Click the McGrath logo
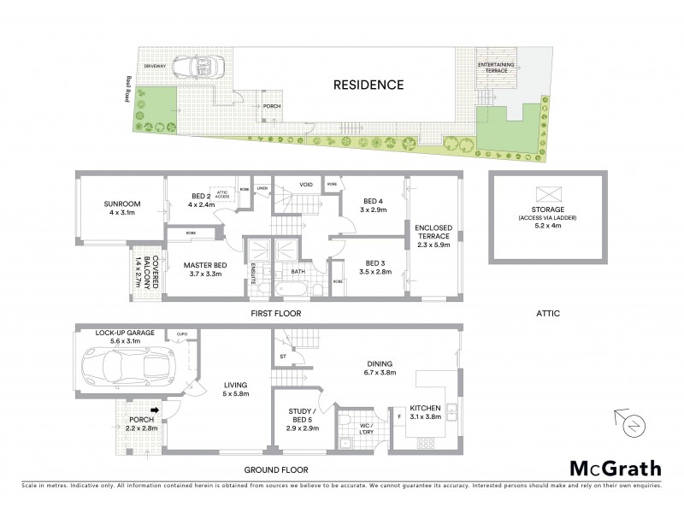click(614, 468)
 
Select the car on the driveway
click(198, 68)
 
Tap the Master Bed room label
click(203, 269)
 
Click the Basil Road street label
click(126, 85)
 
